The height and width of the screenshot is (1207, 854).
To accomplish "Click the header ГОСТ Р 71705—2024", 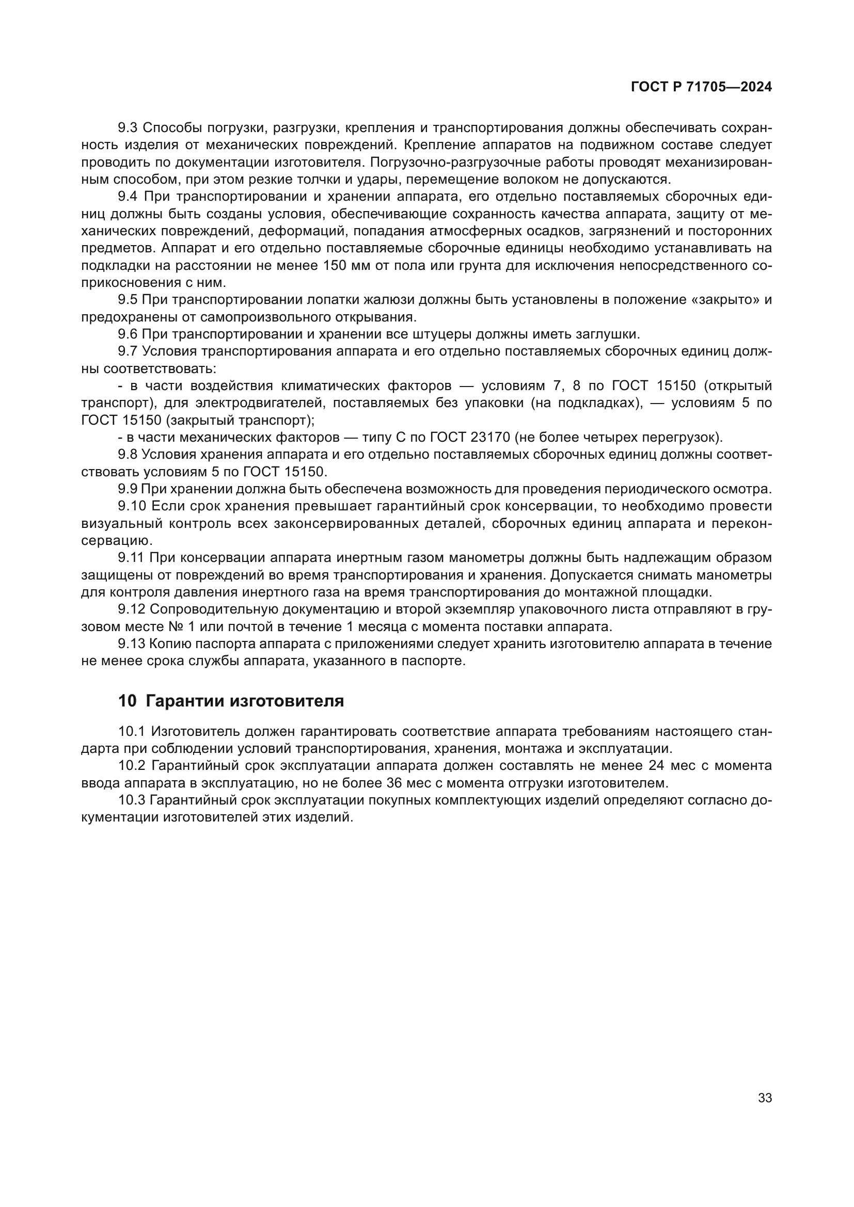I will (x=701, y=87).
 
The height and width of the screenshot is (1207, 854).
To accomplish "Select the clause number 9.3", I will (x=127, y=128).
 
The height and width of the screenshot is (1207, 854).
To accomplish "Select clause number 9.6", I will (x=127, y=334).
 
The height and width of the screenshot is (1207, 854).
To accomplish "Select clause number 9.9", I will (x=127, y=489).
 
